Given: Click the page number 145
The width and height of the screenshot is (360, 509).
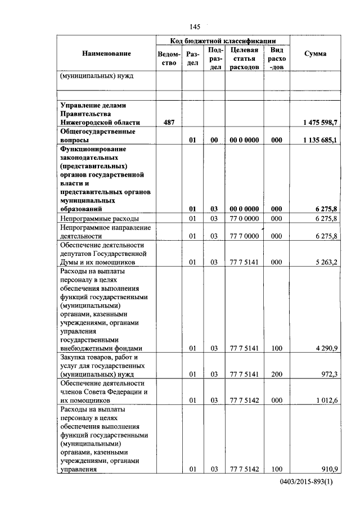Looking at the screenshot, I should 195,26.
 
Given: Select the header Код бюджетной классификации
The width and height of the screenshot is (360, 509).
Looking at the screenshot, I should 223,40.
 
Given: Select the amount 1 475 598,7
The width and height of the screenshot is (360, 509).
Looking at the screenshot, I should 320,122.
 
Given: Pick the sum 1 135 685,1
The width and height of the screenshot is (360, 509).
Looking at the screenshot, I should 320,140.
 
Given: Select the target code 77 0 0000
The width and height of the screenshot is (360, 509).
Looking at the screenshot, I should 244,219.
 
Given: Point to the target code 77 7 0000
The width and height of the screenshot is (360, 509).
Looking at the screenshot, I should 244,236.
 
